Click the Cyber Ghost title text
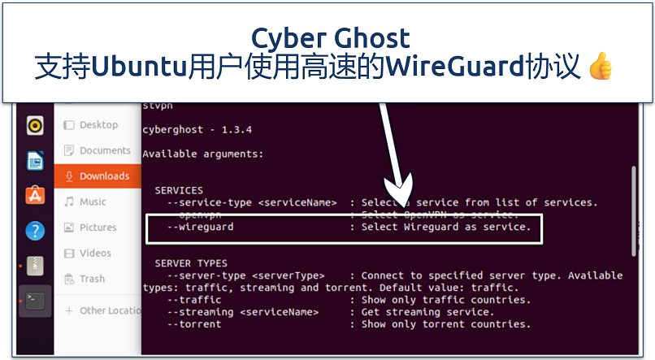tap(330, 37)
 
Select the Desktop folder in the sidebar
tap(98, 125)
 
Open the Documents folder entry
tap(105, 150)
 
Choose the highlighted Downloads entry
tap(104, 176)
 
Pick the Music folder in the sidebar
tap(93, 202)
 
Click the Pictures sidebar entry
tap(98, 228)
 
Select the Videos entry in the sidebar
tap(95, 253)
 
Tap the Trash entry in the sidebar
tap(92, 279)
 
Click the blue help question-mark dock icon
tap(35, 231)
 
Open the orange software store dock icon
tap(35, 196)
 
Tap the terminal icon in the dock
tap(35, 301)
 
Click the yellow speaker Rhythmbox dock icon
tap(35, 125)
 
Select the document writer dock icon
tap(35, 161)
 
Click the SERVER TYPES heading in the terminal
tap(191, 263)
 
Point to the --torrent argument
tap(194, 324)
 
